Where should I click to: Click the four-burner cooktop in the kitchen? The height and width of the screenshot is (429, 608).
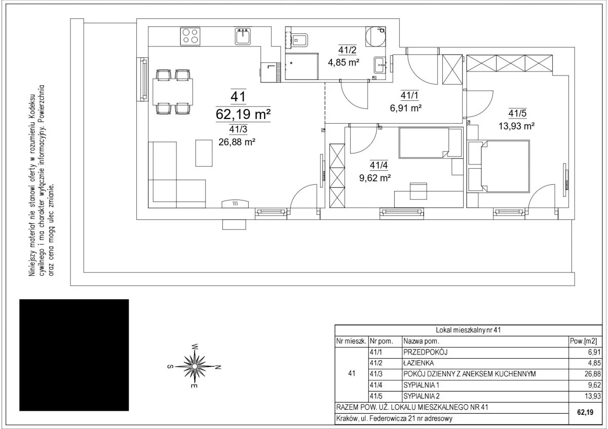point(190,36)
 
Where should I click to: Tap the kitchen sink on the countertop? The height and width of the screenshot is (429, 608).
point(243,36)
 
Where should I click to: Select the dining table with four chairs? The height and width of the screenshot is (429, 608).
point(173,92)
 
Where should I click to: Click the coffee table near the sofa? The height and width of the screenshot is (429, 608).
point(204,153)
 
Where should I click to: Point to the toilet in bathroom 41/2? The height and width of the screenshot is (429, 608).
point(299,41)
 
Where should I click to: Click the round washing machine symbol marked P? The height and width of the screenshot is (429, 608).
point(375,36)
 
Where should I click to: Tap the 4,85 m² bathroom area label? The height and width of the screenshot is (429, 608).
point(344,63)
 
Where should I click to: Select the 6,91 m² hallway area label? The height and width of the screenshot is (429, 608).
point(406,108)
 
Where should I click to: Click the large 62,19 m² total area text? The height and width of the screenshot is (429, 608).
point(243,114)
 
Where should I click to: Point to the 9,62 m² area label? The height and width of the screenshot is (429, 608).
point(375,178)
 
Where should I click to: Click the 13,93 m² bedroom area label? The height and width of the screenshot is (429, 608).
point(516,126)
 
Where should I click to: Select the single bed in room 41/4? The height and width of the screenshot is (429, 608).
point(431,143)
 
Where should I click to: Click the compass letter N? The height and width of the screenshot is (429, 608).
point(218,367)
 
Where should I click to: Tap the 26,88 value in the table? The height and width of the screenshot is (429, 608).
point(593,374)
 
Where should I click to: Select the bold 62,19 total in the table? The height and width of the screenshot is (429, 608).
point(585,412)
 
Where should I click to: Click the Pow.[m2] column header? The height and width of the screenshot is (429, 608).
point(583,341)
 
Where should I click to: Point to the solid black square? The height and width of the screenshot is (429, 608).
point(74,355)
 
